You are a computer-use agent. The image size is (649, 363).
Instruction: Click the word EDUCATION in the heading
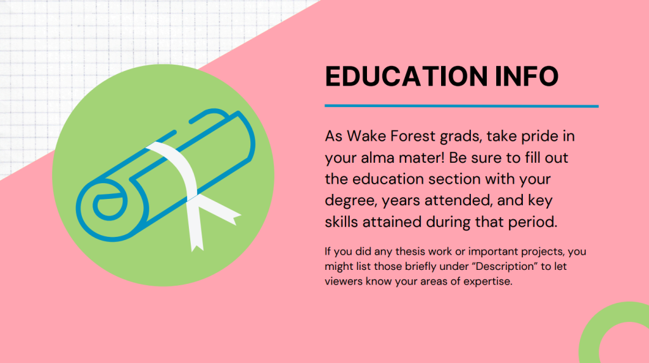(406, 76)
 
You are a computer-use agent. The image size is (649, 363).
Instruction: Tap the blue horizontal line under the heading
(461, 106)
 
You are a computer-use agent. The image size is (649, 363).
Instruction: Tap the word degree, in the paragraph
(351, 201)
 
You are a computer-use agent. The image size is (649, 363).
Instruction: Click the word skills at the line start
(342, 222)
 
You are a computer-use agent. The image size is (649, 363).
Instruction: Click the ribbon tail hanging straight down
(195, 224)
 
